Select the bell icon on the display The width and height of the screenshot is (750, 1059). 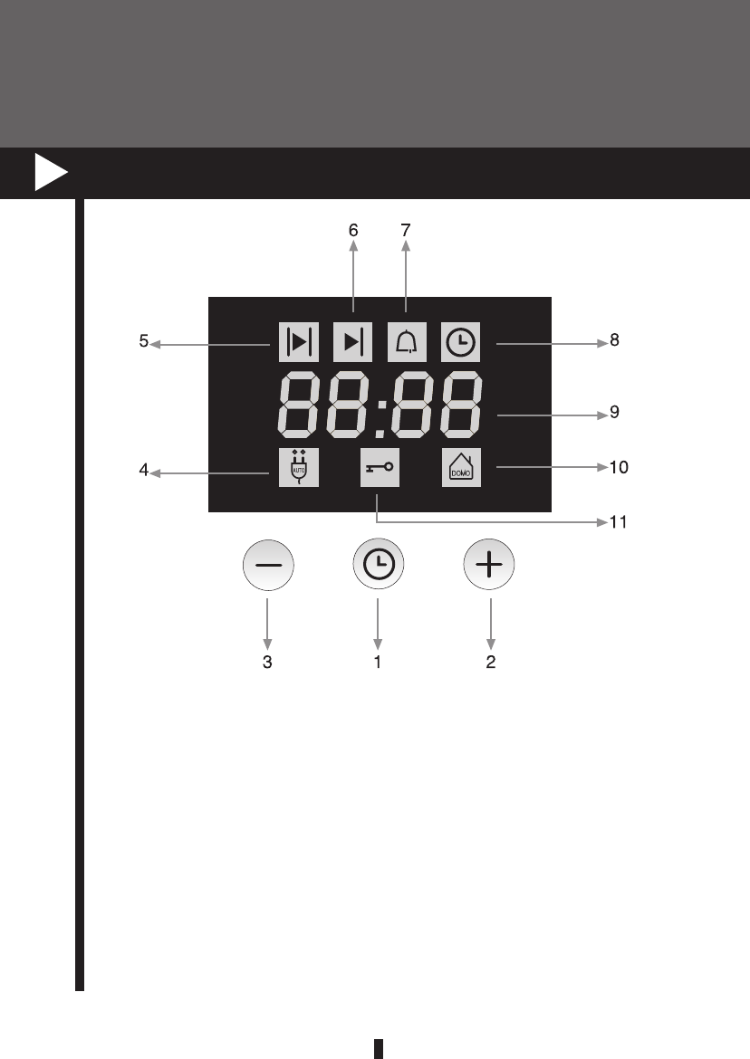pyautogui.click(x=407, y=342)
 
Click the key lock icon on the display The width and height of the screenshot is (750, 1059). pyautogui.click(x=380, y=471)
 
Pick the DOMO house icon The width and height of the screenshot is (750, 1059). pyautogui.click(x=461, y=471)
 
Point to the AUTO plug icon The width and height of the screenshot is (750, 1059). pyautogui.click(x=297, y=471)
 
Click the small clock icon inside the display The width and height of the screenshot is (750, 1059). pyautogui.click(x=461, y=342)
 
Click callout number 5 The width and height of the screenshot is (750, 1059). pyautogui.click(x=144, y=343)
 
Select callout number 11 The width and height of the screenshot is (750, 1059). pyautogui.click(x=620, y=522)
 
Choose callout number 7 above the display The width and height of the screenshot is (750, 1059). pyautogui.click(x=406, y=231)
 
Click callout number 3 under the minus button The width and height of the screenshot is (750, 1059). pyautogui.click(x=267, y=662)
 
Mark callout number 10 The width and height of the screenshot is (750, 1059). pyautogui.click(x=619, y=468)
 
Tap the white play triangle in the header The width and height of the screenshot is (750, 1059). pyautogui.click(x=51, y=173)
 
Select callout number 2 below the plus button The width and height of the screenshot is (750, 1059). pyautogui.click(x=490, y=662)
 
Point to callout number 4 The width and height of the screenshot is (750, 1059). pyautogui.click(x=144, y=471)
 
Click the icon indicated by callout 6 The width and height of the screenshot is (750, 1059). pyautogui.click(x=352, y=342)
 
